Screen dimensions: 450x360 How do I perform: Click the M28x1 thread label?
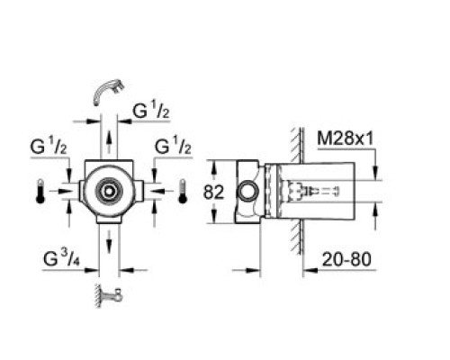346,139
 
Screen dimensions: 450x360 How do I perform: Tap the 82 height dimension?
213,192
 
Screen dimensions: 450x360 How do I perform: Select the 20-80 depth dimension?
346,259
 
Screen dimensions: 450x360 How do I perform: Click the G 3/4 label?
61,258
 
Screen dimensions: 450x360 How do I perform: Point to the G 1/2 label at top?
151,111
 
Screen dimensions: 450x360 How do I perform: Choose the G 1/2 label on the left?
49,147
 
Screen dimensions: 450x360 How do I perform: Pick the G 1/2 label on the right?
173,147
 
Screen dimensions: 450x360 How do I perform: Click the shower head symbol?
108,92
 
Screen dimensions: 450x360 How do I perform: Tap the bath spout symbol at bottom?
109,295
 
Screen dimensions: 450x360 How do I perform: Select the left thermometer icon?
40,192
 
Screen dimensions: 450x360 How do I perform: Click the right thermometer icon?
183,192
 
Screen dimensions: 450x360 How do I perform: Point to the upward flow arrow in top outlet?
109,142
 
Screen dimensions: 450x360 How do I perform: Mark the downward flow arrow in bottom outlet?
109,242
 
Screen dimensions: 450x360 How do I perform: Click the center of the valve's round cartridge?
109,191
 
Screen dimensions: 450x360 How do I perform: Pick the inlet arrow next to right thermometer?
161,191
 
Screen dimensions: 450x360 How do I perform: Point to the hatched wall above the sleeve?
296,145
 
